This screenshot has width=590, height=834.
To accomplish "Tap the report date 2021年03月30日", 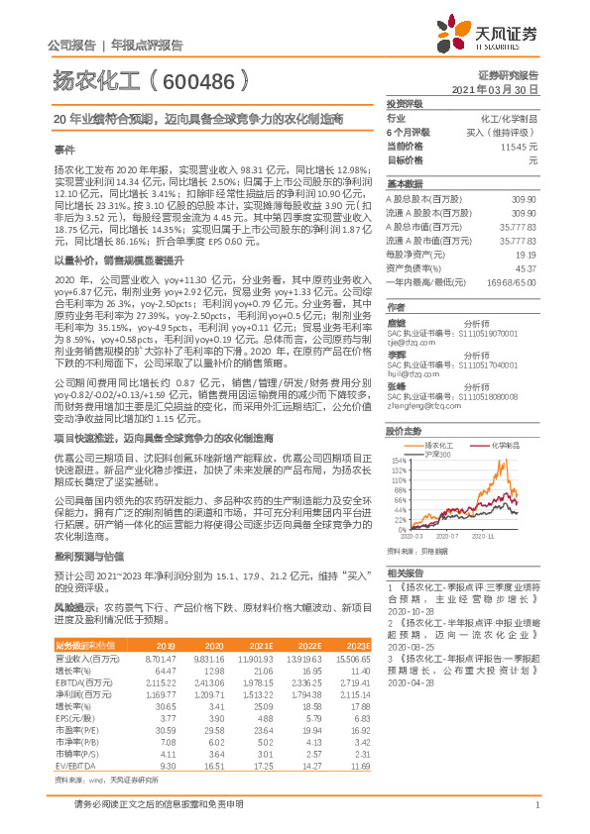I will [x=501, y=89].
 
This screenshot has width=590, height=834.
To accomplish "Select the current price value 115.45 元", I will [x=521, y=145].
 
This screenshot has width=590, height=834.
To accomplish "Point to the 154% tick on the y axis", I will [x=397, y=462].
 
